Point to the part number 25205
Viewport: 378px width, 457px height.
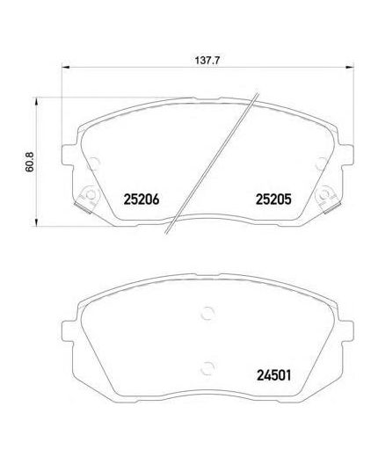273,200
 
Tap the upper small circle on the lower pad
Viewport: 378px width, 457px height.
207,310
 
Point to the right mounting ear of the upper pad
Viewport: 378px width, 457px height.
345,150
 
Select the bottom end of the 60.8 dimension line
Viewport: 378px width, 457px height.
37,225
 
